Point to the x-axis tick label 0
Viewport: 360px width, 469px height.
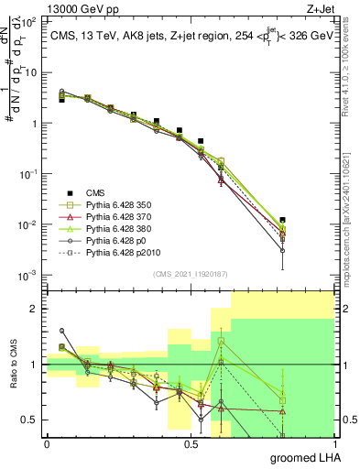point(47,443)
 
